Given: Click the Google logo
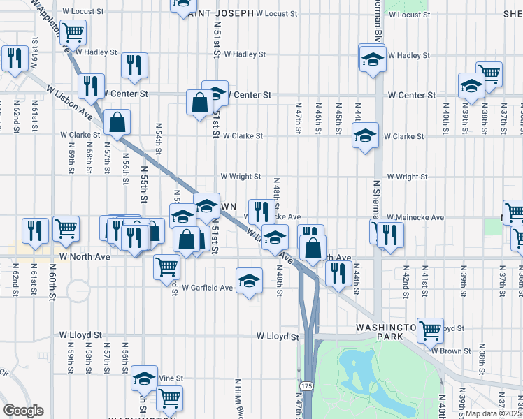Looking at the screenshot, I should point(22,411).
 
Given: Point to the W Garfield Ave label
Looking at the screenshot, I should point(207,288).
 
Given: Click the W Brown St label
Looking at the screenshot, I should point(452,351).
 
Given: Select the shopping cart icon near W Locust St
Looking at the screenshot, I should point(73,31).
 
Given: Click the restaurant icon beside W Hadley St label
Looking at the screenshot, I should point(134,65).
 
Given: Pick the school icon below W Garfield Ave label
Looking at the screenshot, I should point(249,281).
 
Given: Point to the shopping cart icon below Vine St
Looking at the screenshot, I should point(169,398).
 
